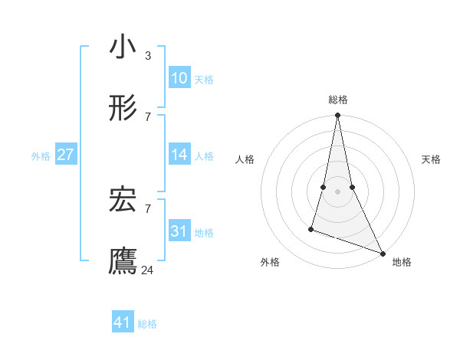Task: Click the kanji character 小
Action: (x=123, y=47)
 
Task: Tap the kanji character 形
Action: (x=123, y=108)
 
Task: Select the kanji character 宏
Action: (x=123, y=201)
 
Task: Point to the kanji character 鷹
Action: (x=123, y=261)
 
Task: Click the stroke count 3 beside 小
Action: (x=147, y=56)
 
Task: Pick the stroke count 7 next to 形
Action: (x=147, y=116)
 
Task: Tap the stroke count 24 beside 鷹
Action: (x=149, y=270)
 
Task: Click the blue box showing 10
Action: (x=179, y=78)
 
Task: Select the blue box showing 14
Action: (x=179, y=155)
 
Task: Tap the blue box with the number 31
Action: (x=179, y=231)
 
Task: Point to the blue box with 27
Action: (x=65, y=155)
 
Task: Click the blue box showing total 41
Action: (x=123, y=322)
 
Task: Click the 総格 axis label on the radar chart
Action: (x=337, y=100)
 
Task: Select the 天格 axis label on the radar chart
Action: (x=431, y=159)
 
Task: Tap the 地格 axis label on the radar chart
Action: (x=402, y=262)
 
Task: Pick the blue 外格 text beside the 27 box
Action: (x=41, y=155)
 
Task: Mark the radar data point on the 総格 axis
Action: (x=337, y=116)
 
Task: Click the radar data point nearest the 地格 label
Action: (x=382, y=252)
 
